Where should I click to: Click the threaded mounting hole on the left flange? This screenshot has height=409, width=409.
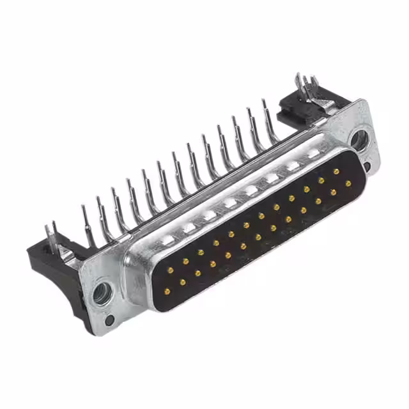pos(101,293)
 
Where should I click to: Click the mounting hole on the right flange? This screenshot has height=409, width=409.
pos(359,140)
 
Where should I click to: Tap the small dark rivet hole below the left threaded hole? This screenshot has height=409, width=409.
pos(110,320)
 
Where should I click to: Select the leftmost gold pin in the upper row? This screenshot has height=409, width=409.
pos(170,270)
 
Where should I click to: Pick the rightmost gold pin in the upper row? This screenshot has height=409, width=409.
pos(336,171)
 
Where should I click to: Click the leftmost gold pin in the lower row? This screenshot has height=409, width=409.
pos(182,282)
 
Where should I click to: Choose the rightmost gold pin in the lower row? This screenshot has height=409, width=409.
pos(348,183)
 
